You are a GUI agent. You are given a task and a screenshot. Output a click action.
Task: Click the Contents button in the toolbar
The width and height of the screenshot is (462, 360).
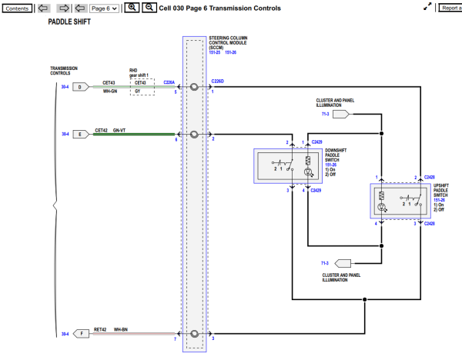(x=18, y=8)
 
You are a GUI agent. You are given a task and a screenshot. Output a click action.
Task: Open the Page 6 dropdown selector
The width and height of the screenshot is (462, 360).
(x=104, y=8)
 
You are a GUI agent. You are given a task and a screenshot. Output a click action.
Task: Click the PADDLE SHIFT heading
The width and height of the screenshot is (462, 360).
(x=69, y=23)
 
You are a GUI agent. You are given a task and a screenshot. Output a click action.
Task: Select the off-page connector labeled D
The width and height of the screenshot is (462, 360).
(x=80, y=87)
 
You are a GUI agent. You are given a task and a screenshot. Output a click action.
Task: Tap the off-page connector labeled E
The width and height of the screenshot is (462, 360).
(x=80, y=134)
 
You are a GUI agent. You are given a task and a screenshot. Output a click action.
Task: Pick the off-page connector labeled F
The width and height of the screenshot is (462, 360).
(x=80, y=334)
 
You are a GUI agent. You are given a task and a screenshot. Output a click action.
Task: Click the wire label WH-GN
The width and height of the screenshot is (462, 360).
(x=110, y=92)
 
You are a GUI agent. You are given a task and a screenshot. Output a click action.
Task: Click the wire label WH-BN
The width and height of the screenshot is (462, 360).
(x=122, y=329)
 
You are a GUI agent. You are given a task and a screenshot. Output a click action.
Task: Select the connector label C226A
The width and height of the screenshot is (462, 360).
(x=169, y=82)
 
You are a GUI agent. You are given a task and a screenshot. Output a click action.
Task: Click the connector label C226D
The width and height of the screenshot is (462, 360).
(x=218, y=82)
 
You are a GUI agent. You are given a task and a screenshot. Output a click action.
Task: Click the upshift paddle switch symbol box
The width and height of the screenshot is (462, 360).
(x=399, y=202)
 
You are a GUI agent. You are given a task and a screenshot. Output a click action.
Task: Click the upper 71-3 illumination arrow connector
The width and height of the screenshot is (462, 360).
(x=341, y=114)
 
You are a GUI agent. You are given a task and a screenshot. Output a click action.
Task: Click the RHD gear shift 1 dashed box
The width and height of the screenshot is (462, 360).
(x=139, y=87)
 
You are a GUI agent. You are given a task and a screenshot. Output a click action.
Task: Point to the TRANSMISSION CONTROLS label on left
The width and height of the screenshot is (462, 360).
(x=64, y=71)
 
